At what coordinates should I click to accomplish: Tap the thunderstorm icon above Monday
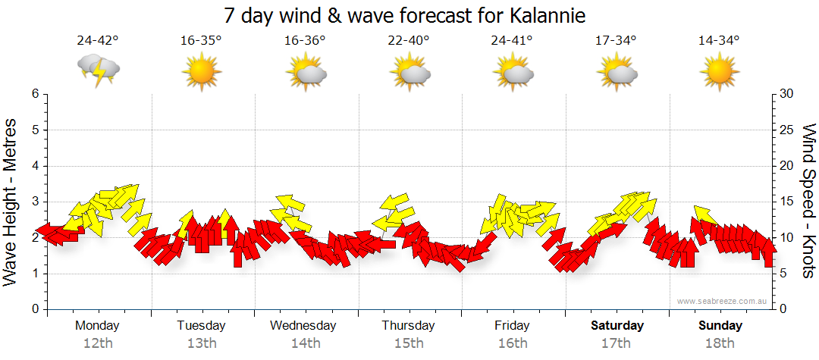click(x=99, y=70)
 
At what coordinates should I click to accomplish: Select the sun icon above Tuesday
click(x=201, y=73)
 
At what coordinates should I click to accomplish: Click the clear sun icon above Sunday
click(x=719, y=73)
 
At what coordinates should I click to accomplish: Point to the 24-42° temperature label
click(x=98, y=41)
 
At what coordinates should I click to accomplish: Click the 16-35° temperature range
click(x=201, y=41)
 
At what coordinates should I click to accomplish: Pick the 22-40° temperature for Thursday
click(x=408, y=41)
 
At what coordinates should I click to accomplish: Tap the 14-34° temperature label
click(x=719, y=41)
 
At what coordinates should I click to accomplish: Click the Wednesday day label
click(x=303, y=326)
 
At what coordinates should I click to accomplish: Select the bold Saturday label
click(x=617, y=326)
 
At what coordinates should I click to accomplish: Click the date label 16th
click(x=513, y=343)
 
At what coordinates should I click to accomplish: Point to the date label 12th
click(x=98, y=343)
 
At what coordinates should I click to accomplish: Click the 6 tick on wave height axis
click(x=34, y=94)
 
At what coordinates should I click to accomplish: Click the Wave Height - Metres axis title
click(x=12, y=201)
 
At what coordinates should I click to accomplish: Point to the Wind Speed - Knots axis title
click(x=808, y=201)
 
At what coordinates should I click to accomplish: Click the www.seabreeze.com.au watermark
click(x=723, y=301)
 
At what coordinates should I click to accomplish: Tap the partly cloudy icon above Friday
click(x=513, y=73)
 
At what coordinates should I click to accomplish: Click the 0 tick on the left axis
click(x=34, y=309)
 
